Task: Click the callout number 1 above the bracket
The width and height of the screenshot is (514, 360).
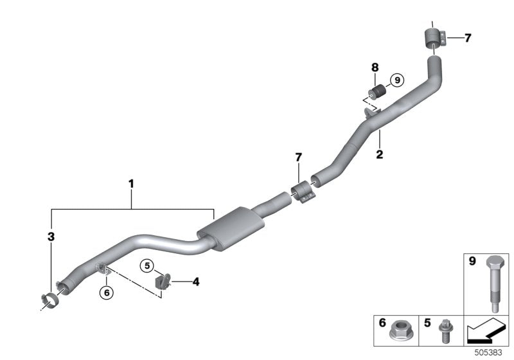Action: (x=131, y=184)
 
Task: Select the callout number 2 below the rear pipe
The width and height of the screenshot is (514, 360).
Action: (x=380, y=154)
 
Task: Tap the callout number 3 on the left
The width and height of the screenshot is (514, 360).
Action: (x=51, y=237)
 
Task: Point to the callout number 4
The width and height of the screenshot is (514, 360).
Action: (x=196, y=281)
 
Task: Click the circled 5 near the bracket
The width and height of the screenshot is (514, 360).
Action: (x=147, y=265)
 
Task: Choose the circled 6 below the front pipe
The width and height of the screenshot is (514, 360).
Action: (x=107, y=292)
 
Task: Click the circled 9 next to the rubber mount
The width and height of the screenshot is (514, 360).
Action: (x=396, y=80)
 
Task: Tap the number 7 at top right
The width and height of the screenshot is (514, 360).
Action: (x=468, y=38)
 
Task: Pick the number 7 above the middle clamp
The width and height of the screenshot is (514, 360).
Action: (x=298, y=157)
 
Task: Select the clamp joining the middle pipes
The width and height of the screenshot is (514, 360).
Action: (x=302, y=192)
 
